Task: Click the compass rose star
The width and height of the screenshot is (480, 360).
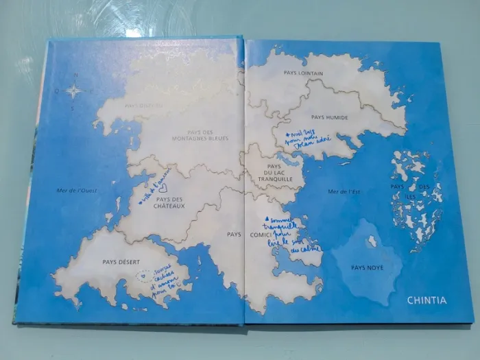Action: click(74, 91)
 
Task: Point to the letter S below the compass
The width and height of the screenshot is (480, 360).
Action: click(74, 108)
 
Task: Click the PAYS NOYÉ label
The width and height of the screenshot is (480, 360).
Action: click(367, 267)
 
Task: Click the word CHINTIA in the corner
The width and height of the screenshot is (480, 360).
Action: click(427, 300)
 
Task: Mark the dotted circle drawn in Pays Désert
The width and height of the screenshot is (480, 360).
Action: click(143, 277)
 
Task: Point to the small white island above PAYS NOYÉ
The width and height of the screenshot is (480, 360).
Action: click(372, 241)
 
